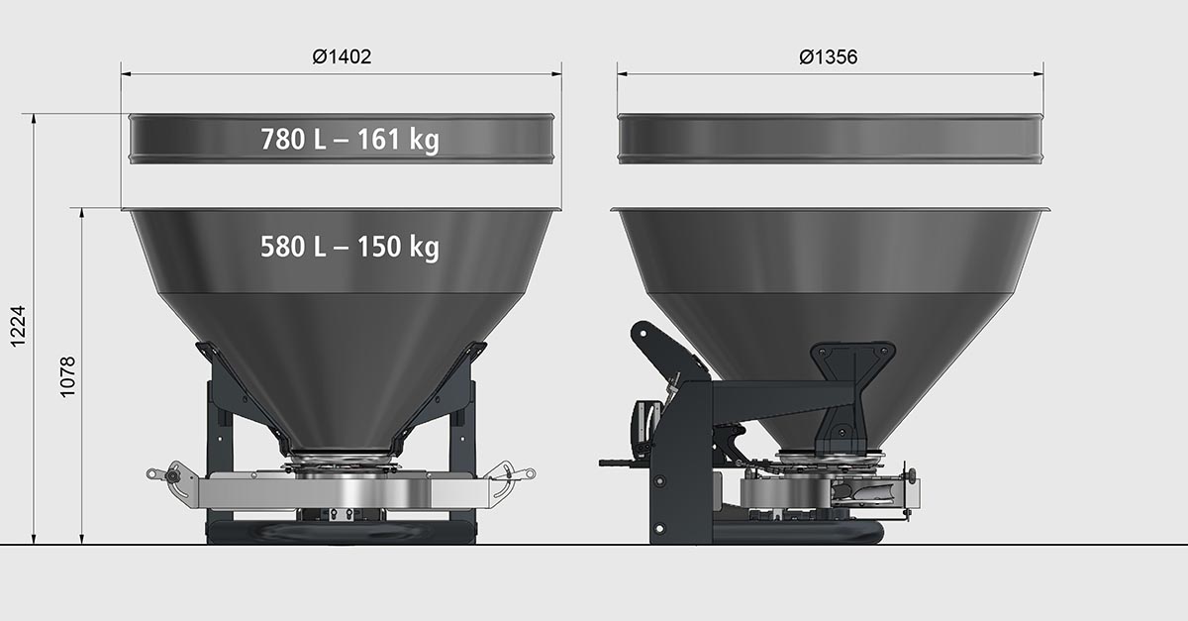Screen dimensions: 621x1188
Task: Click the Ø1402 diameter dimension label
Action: [x=342, y=57]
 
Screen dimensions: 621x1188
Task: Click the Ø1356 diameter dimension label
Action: [x=829, y=57]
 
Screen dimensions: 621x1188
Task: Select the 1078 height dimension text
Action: [x=68, y=376]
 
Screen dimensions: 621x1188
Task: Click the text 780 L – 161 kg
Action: [x=349, y=140]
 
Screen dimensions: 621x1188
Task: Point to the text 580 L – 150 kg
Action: [x=349, y=247]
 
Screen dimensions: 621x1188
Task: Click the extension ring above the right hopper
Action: [x=830, y=139]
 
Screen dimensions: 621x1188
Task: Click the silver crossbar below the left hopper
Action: [x=342, y=492]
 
